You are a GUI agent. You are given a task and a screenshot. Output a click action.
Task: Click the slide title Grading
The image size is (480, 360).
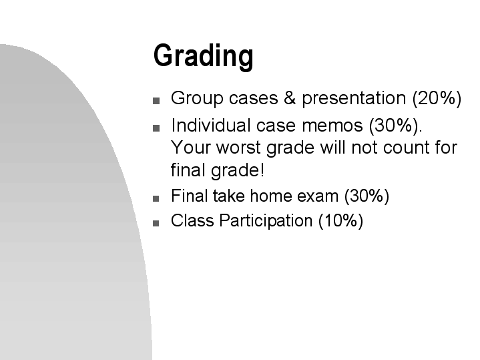tap(203, 56)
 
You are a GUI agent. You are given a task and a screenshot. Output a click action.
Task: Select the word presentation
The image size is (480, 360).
tap(353, 99)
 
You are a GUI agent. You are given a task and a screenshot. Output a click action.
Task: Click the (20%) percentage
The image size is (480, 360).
tap(437, 99)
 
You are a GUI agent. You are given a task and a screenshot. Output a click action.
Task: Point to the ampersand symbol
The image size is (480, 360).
tap(289, 99)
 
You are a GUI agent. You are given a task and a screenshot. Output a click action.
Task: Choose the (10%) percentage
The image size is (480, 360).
tap(340, 220)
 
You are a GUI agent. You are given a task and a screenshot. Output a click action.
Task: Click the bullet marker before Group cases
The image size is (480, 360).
tap(156, 102)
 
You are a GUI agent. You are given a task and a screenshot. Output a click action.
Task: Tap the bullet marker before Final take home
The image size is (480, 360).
tap(156, 198)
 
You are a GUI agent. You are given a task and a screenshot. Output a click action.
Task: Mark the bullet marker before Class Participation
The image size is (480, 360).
tap(156, 222)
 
